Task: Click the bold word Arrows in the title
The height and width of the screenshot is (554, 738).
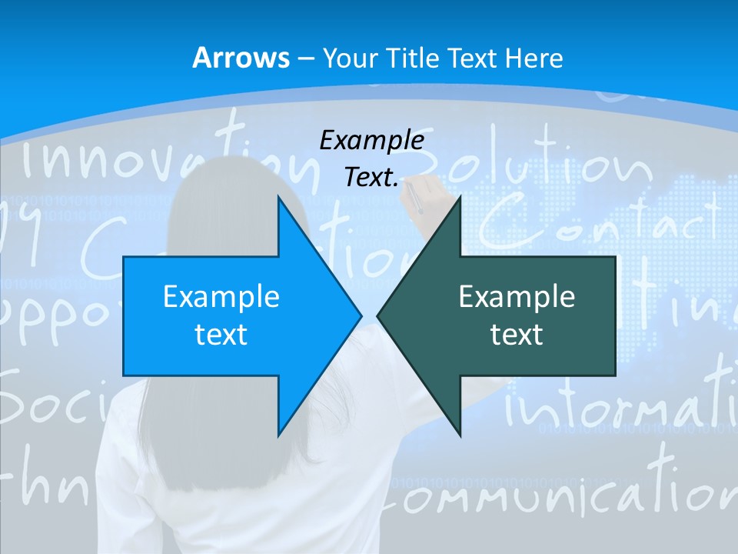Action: [241, 58]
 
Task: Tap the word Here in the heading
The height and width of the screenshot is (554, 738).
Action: [536, 58]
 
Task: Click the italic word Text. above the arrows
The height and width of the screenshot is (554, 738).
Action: [371, 178]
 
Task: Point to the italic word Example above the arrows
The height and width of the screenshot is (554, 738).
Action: [371, 141]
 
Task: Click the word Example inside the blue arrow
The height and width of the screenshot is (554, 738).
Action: [221, 297]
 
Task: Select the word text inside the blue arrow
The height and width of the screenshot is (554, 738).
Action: [221, 334]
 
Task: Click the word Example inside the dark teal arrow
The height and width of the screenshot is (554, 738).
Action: [517, 297]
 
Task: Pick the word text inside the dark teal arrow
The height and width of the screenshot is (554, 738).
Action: [517, 334]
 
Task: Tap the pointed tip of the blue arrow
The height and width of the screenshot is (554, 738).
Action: [359, 315]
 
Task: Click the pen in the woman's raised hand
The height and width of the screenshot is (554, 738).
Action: [414, 197]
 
